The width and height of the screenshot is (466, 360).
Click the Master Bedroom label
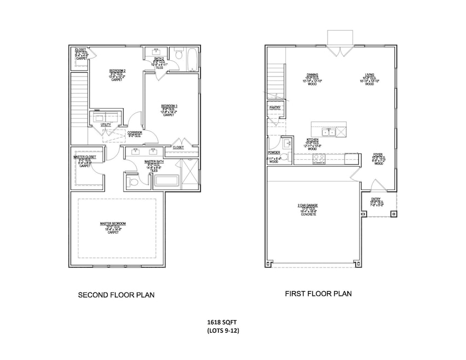tap(113, 223)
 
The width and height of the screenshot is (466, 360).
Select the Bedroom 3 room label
tap(168, 106)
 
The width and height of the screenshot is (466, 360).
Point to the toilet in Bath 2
tap(179, 54)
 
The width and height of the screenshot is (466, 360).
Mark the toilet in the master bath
tap(133, 182)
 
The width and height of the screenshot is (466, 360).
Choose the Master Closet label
tap(85, 157)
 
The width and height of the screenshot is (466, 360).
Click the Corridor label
tap(135, 133)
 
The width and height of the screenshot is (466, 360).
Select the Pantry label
tap(275, 107)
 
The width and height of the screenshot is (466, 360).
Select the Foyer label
tap(378, 155)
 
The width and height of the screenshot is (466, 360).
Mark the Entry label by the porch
tap(377, 199)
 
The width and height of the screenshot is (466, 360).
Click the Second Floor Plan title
tap(116, 295)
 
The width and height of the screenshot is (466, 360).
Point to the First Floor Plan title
tap(318, 294)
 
